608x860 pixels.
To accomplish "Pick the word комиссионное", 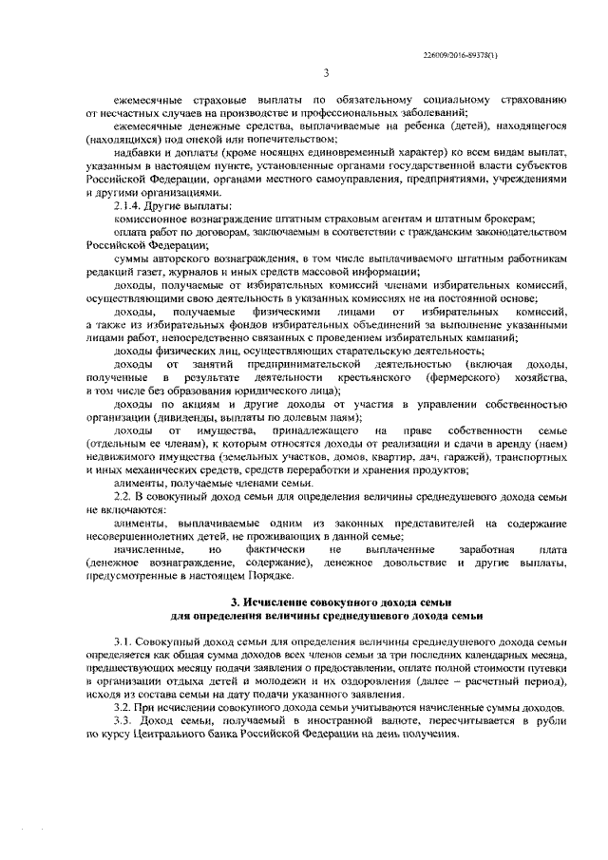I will tap(156, 219).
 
